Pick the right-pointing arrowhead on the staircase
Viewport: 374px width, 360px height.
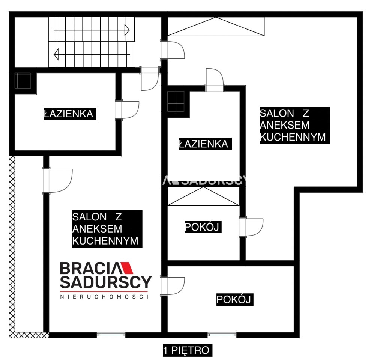(127, 30)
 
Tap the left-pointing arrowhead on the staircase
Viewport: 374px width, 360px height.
(56, 54)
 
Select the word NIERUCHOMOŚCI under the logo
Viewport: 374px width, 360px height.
(104, 297)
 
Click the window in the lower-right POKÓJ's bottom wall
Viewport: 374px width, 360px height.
(222, 335)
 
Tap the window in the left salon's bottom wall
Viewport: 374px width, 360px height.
(111, 335)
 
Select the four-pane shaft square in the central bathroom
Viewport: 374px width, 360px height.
(176, 101)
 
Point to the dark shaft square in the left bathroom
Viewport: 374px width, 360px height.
(23, 81)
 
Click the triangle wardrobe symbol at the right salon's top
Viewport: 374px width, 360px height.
(216, 27)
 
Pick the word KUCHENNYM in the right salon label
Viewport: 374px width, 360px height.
(293, 137)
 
